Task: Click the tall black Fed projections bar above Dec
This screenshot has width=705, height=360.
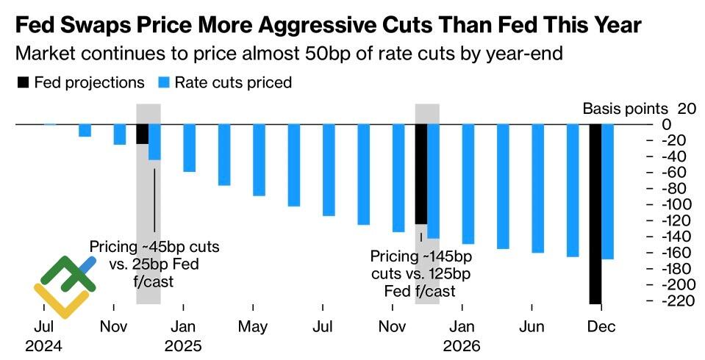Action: (x=595, y=214)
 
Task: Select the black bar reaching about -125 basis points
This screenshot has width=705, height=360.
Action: (x=421, y=174)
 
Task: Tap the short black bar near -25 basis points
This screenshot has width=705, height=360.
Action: (x=142, y=134)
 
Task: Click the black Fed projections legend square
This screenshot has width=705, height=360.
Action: (x=22, y=83)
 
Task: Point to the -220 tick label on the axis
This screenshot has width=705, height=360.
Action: (x=680, y=301)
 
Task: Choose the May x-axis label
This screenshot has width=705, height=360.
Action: (x=254, y=326)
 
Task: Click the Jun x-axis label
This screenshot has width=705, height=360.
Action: (x=532, y=326)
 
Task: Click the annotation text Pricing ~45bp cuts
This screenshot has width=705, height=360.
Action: (x=154, y=246)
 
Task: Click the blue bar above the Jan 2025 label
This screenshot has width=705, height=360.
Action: (x=190, y=148)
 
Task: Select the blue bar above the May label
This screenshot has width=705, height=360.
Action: (x=259, y=160)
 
